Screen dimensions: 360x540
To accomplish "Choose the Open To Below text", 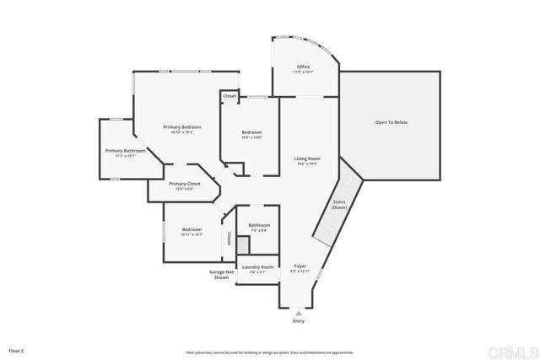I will pos(391,122).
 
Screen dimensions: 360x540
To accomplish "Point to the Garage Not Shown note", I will pos(221,274).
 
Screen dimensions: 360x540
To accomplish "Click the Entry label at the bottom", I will pos(298,321).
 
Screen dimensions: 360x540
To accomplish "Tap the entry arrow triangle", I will pos(298,312).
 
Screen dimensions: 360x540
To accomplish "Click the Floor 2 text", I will pos(17,349).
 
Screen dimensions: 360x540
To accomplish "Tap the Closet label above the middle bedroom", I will pos(229,96).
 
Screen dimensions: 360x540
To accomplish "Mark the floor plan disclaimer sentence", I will pos(269,352).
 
